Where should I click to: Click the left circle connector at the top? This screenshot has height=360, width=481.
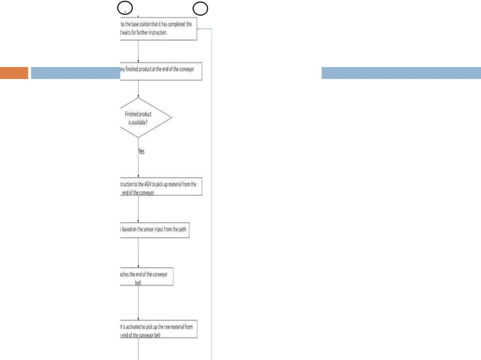pyautogui.click(x=127, y=8)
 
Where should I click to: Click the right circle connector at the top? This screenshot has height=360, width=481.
pyautogui.click(x=201, y=8)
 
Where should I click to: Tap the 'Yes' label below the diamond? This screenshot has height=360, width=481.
pyautogui.click(x=142, y=151)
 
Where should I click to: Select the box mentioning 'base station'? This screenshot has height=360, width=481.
pyautogui.click(x=157, y=29)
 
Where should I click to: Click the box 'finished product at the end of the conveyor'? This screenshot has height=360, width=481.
pyautogui.click(x=160, y=72)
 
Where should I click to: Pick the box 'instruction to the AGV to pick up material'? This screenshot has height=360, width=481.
pyautogui.click(x=160, y=188)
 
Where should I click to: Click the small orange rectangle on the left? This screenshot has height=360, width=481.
pyautogui.click(x=14, y=73)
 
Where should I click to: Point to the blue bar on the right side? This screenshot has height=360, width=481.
pyautogui.click(x=400, y=73)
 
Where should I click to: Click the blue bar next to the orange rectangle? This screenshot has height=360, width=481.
pyautogui.click(x=75, y=73)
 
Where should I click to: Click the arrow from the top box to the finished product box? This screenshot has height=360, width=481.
pyautogui.click(x=139, y=51)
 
